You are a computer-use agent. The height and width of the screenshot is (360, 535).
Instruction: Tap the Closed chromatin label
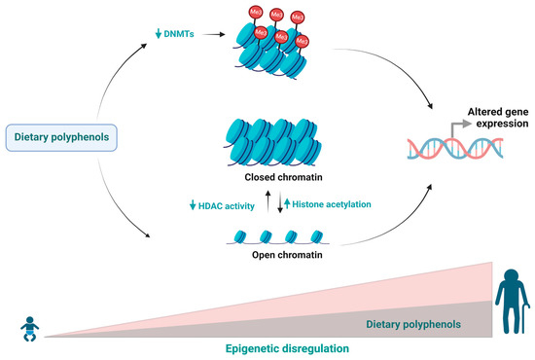[267, 177]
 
